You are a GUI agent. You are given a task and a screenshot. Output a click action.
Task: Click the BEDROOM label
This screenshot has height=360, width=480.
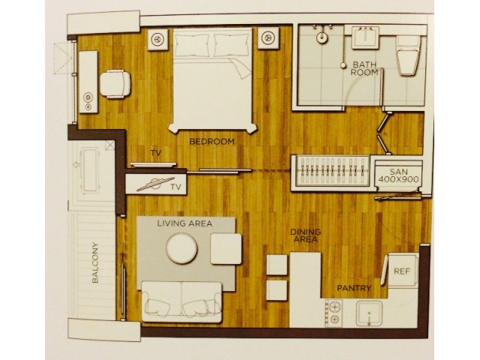click(211, 142)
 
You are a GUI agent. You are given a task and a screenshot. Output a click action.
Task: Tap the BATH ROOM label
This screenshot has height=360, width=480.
click(364, 68)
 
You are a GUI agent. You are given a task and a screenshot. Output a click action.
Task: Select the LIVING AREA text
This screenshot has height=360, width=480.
click(184, 223)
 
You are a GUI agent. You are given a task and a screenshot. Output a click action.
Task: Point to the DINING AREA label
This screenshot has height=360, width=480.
click(305, 235)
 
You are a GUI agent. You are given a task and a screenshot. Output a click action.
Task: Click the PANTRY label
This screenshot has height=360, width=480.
click(354, 288)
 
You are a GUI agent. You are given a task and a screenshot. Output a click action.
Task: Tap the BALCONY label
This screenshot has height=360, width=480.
click(95, 262)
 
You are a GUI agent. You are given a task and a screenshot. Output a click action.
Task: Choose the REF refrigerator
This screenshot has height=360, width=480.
click(402, 270)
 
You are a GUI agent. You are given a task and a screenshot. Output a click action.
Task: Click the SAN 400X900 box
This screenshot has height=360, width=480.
click(398, 175)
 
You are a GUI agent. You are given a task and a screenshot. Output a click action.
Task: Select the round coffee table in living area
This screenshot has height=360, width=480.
click(181, 248)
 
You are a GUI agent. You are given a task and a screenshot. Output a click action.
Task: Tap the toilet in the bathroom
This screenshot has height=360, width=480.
click(408, 55)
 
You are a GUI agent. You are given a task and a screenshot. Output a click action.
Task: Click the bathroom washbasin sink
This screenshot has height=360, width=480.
click(365, 37)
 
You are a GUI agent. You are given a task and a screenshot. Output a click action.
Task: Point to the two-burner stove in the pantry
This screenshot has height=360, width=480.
click(334, 313)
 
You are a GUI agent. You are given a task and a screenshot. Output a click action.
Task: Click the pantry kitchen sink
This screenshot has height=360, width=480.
click(370, 313)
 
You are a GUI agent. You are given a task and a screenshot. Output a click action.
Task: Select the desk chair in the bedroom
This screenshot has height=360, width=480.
click(115, 84)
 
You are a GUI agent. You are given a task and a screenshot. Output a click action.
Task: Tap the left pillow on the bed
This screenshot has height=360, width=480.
click(192, 45)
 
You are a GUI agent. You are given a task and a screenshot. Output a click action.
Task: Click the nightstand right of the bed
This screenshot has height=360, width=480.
click(268, 38)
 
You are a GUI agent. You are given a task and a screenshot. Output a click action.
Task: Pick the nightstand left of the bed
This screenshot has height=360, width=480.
click(157, 40)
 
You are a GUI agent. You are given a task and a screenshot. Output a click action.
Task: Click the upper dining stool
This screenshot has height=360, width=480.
click(277, 265)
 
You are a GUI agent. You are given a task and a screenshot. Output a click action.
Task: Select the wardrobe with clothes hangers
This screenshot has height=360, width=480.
click(331, 172)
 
